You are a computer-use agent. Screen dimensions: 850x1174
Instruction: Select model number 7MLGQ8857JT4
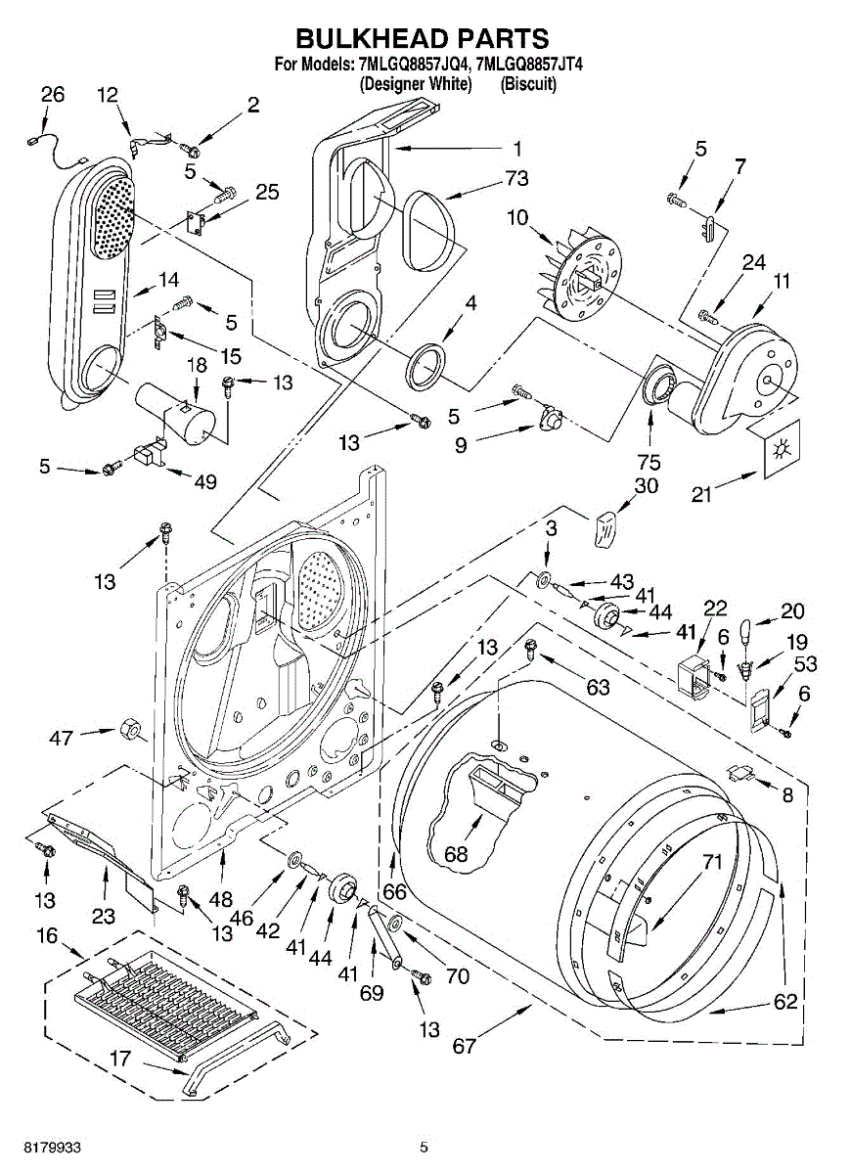[x=530, y=64]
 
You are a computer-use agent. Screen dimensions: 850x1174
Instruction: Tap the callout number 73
[x=515, y=178]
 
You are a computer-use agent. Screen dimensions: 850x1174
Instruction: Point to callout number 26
[x=52, y=94]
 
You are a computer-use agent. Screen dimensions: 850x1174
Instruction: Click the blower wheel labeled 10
[x=582, y=274]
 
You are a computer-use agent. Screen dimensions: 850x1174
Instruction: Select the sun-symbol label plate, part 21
[x=781, y=448]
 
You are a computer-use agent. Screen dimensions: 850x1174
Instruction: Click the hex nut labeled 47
[x=129, y=728]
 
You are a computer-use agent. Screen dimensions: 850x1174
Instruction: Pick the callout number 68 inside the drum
[x=456, y=854]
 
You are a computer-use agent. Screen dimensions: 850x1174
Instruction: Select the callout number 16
[x=47, y=935]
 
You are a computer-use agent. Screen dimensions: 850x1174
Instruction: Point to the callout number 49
[x=204, y=481]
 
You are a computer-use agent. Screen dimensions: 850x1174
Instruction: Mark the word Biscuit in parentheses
[x=528, y=84]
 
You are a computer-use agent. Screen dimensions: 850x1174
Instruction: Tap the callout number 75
[x=649, y=462]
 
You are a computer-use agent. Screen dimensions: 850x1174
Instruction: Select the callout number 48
[x=221, y=899]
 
